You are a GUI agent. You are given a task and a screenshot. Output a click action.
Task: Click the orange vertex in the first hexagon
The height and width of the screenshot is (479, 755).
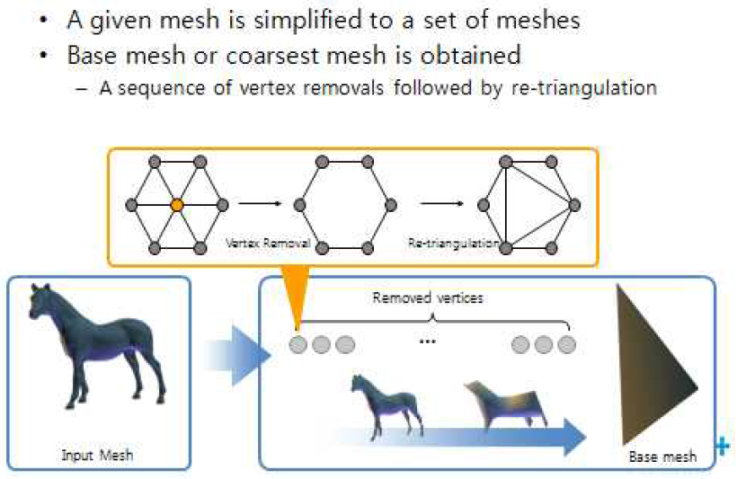coord(177,205)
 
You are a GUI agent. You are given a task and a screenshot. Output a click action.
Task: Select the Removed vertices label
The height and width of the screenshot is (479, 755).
coord(428,297)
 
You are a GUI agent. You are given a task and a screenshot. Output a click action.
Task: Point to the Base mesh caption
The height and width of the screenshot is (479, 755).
coord(663,457)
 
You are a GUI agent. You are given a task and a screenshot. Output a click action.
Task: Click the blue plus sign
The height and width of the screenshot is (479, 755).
coord(722,445)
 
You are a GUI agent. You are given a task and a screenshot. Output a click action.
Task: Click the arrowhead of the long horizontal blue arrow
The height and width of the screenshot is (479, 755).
coord(572,437)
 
